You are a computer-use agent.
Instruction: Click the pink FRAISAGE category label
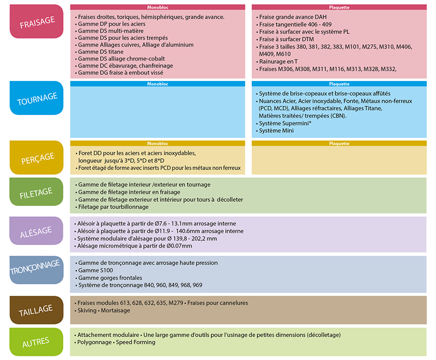(36, 22)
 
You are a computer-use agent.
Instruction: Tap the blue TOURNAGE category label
(36, 98)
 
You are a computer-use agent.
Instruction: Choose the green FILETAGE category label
(36, 193)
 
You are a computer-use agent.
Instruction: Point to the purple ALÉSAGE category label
(36, 231)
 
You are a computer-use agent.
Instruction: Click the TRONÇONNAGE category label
(36, 270)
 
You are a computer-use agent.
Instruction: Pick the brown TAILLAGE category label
(36, 310)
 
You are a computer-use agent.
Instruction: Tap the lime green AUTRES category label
(36, 342)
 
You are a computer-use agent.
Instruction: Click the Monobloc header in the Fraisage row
(157, 8)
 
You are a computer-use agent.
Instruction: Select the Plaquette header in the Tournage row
(339, 84)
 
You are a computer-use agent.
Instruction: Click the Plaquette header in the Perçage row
(339, 144)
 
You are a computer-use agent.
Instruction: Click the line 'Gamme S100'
(94, 271)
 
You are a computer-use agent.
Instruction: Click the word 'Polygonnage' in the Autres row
(94, 342)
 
